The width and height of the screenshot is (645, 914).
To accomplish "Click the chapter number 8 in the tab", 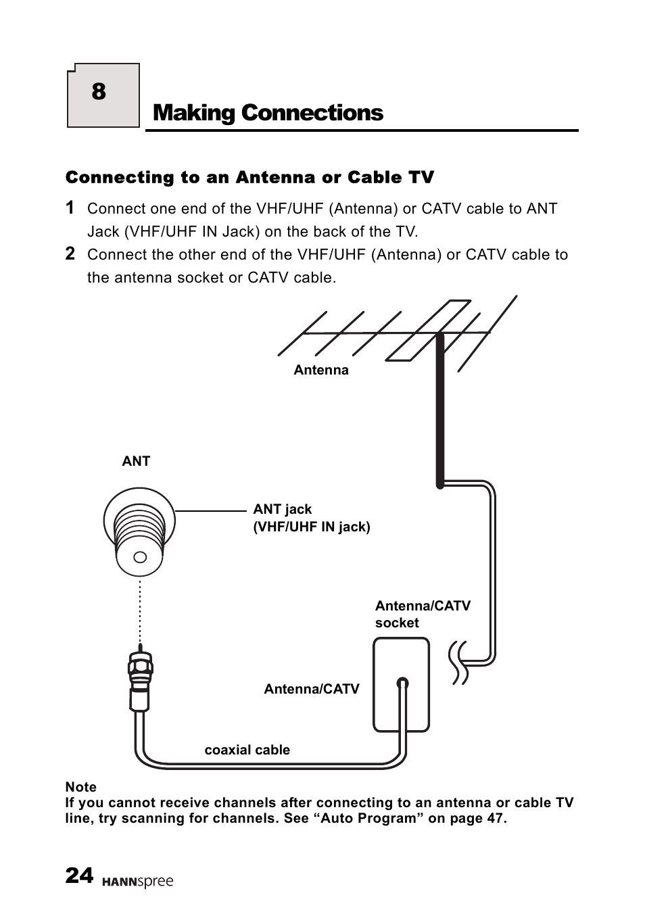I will pyautogui.click(x=99, y=92).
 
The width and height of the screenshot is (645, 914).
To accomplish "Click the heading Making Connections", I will pyautogui.click(x=268, y=112).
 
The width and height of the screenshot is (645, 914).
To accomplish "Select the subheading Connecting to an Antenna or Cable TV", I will pyautogui.click(x=249, y=177).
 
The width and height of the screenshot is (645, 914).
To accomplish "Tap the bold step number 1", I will pyautogui.click(x=70, y=208).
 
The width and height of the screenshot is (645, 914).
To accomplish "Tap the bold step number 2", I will pyautogui.click(x=70, y=254).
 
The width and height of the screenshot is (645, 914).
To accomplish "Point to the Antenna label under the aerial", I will pyautogui.click(x=321, y=370).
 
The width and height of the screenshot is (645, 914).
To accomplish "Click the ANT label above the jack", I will pyautogui.click(x=135, y=461).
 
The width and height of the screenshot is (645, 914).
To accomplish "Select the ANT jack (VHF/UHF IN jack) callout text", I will pyautogui.click(x=311, y=518).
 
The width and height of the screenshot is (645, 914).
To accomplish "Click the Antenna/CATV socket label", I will pyautogui.click(x=422, y=614).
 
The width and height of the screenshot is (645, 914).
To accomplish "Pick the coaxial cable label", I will pyautogui.click(x=247, y=750).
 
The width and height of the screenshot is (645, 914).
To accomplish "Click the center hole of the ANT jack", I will pyautogui.click(x=140, y=557).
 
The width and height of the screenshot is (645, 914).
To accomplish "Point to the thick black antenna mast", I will pyautogui.click(x=440, y=412).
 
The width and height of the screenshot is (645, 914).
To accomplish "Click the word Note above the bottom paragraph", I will pyautogui.click(x=80, y=787).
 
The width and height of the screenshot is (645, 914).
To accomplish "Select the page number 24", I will pyautogui.click(x=79, y=875).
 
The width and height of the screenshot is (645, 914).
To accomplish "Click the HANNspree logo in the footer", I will pyautogui.click(x=138, y=882).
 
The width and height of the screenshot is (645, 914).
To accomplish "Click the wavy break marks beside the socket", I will pyautogui.click(x=458, y=662).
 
